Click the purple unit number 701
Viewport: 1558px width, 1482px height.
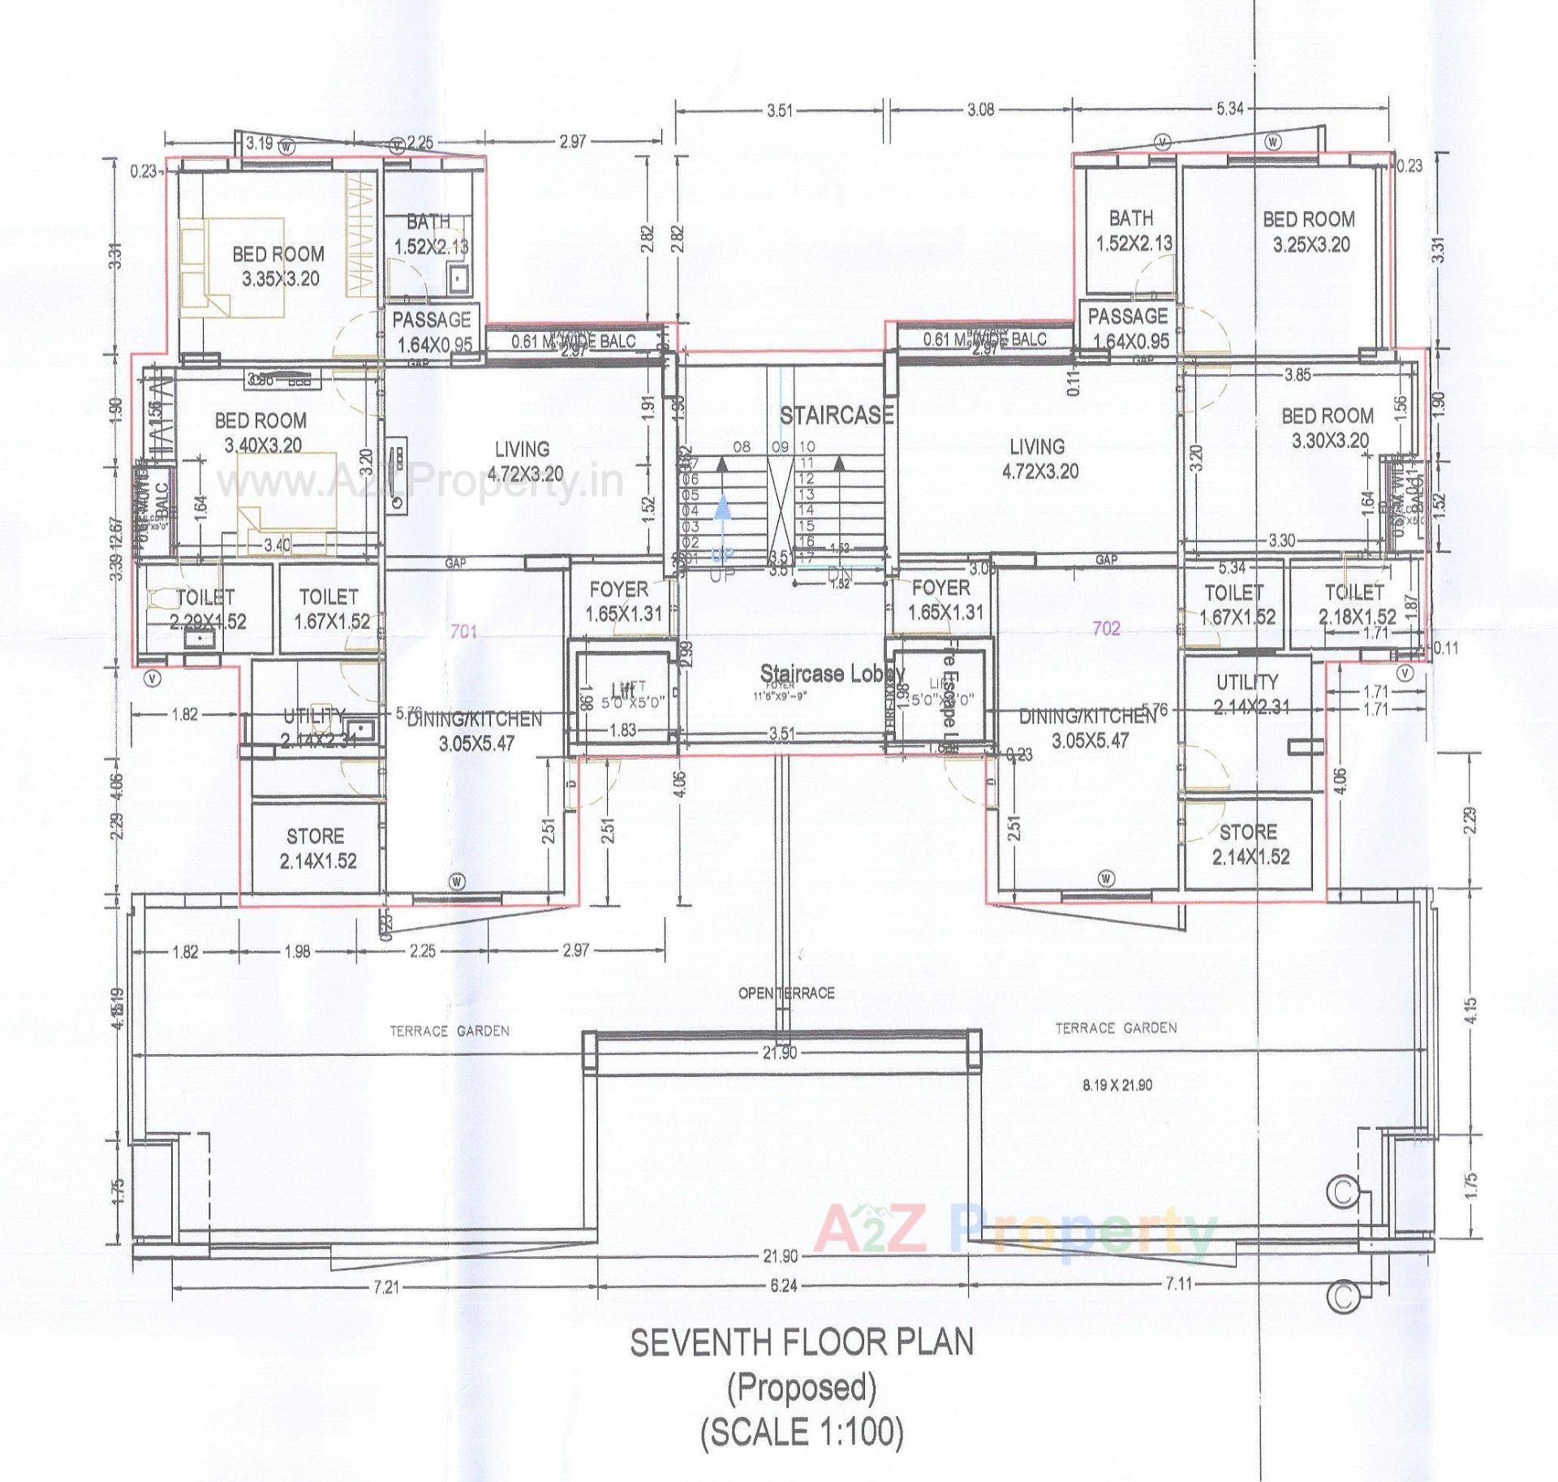click(x=463, y=631)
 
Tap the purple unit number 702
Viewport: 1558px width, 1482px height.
click(x=1107, y=628)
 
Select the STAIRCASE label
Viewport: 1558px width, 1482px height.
click(x=836, y=416)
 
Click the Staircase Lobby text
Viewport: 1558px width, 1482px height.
click(x=832, y=673)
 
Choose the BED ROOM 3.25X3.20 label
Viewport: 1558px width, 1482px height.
click(x=1309, y=231)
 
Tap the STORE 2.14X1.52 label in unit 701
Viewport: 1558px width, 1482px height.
click(x=316, y=848)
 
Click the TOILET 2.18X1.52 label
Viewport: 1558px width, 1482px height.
click(x=1357, y=604)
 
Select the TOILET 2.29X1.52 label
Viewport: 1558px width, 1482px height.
click(x=206, y=609)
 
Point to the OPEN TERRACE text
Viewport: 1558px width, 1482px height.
click(x=785, y=993)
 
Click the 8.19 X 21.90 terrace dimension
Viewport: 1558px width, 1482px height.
click(x=1117, y=1084)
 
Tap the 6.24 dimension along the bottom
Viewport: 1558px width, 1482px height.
click(x=783, y=1286)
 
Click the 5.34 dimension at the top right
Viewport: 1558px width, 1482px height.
click(x=1229, y=109)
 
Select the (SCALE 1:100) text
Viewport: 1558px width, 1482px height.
click(x=802, y=1430)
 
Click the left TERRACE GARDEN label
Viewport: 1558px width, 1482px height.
click(x=450, y=1031)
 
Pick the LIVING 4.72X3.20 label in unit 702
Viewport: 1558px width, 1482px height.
click(x=1037, y=459)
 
